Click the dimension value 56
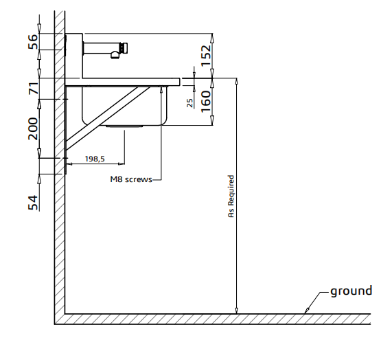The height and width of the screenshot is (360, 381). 33,42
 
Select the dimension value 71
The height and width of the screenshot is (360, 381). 34,89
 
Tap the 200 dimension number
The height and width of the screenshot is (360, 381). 33,128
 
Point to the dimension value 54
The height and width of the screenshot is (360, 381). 33,203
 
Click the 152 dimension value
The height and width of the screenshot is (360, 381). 206,56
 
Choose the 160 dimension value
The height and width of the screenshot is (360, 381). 206,101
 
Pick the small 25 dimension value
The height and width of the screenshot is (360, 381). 189,103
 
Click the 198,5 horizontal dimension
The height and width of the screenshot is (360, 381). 95,159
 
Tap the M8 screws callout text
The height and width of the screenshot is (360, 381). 131,179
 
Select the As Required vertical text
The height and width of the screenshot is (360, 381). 231,196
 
